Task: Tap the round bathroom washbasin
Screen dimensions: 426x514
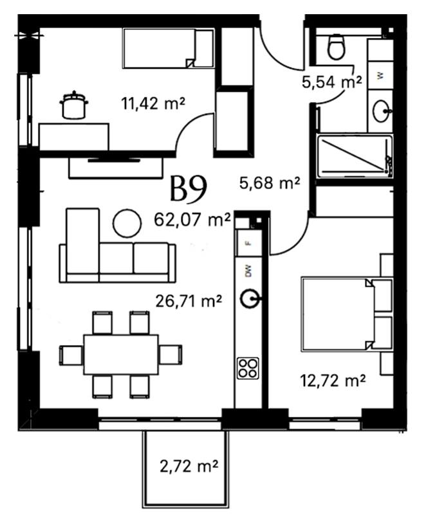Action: click(381, 111)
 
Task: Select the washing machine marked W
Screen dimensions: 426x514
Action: click(380, 75)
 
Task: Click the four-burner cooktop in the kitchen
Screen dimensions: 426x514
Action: click(248, 368)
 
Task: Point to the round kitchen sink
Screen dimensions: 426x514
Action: click(250, 299)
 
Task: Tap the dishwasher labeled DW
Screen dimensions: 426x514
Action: click(248, 270)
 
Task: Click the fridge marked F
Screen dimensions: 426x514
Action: click(248, 244)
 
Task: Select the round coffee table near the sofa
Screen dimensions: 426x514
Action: click(127, 223)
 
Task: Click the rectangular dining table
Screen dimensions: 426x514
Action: click(121, 355)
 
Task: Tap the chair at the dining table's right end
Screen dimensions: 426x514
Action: click(171, 355)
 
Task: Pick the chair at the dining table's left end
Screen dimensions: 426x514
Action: click(71, 355)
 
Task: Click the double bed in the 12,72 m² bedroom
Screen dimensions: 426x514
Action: click(347, 314)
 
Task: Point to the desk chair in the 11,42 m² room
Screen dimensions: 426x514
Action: click(74, 105)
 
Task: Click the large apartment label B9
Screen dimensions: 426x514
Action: click(189, 188)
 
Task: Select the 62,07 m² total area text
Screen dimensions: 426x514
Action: click(192, 219)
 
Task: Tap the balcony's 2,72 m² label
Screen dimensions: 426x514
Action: click(189, 465)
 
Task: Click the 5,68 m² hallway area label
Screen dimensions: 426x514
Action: click(270, 183)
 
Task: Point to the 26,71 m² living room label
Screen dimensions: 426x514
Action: click(189, 301)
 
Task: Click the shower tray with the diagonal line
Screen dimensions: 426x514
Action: click(355, 156)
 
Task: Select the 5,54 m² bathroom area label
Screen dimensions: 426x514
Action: click(332, 82)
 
